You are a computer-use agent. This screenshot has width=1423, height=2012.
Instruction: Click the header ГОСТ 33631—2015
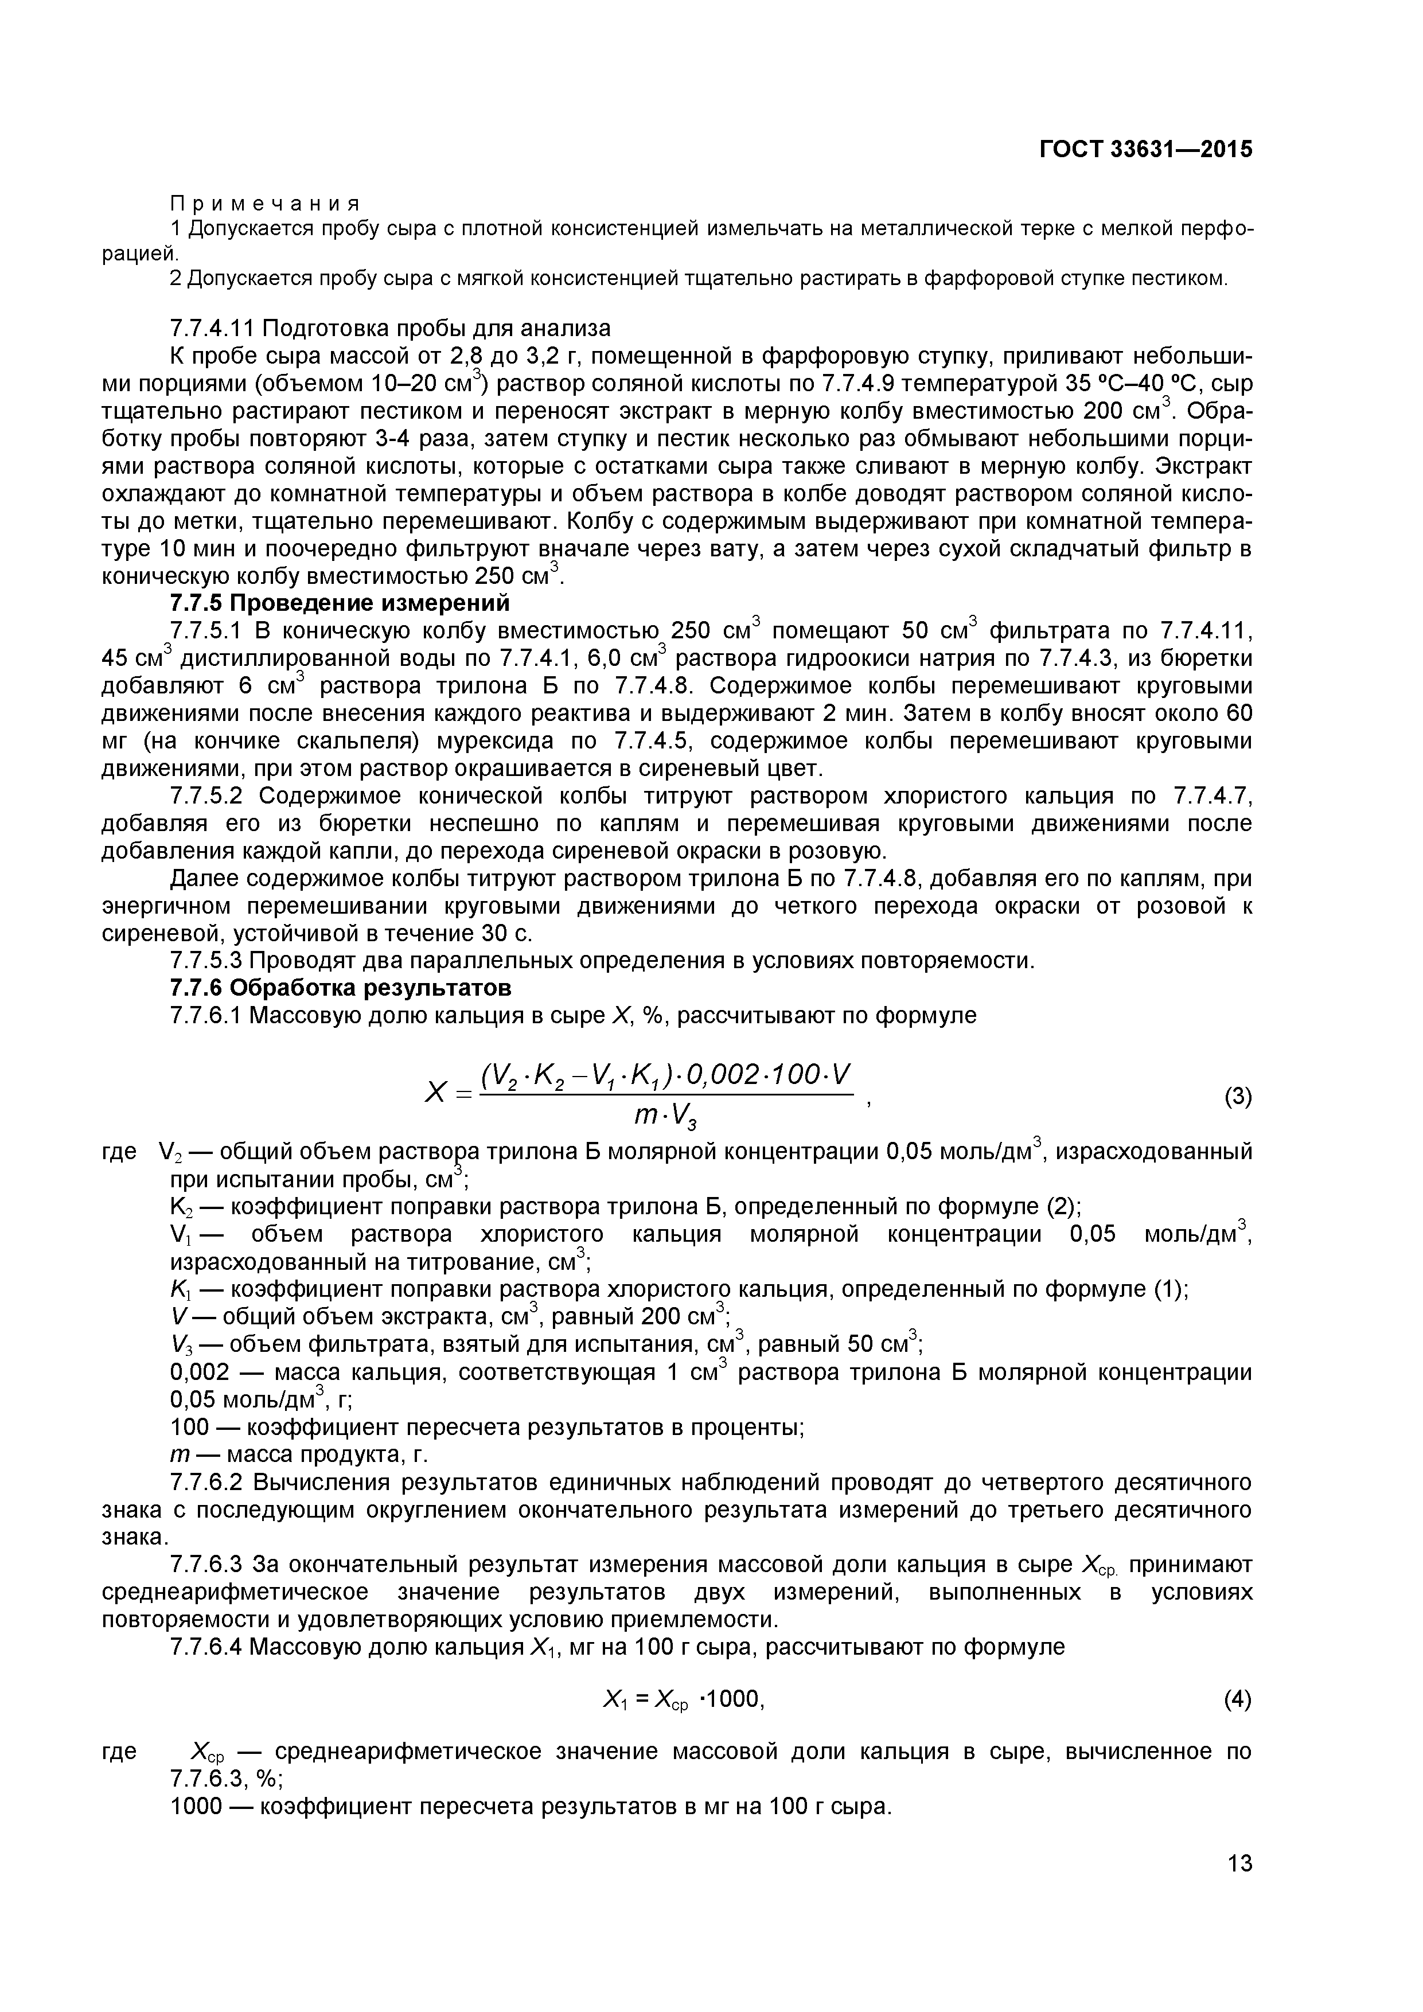click(1145, 150)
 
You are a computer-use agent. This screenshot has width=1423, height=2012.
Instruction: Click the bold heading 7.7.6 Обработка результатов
click(340, 988)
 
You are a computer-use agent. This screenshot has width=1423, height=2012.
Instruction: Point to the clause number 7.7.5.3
click(211, 961)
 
